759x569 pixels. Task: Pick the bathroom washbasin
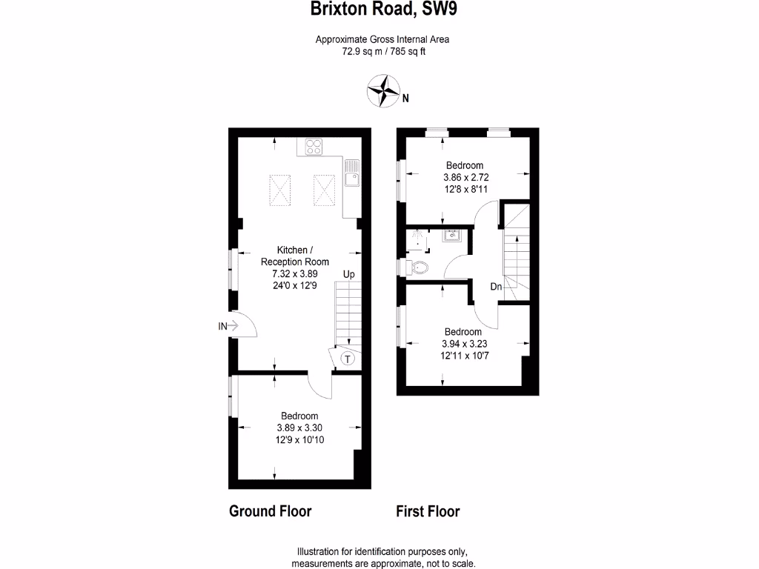[451, 236]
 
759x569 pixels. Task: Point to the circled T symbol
[348, 359]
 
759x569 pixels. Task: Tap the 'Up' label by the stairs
[348, 275]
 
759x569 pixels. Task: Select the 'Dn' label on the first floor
[496, 287]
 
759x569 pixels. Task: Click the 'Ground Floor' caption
[270, 511]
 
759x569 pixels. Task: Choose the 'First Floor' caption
[428, 511]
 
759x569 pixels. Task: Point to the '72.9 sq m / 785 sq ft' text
[383, 51]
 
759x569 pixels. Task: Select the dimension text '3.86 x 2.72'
[465, 178]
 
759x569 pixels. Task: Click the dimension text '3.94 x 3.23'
[463, 344]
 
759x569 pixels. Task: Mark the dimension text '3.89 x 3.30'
[299, 427]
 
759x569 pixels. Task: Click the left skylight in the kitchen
[279, 188]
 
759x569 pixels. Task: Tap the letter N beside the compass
[406, 96]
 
